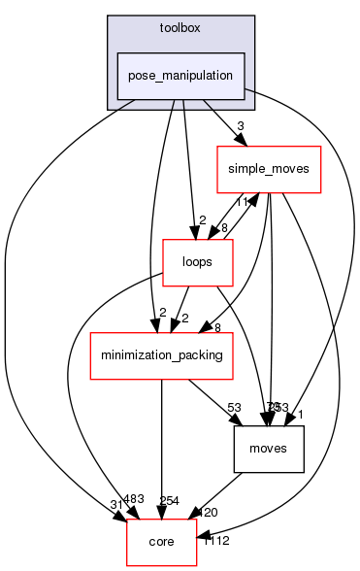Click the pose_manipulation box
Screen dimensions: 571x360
(x=180, y=76)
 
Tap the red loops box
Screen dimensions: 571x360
(x=196, y=262)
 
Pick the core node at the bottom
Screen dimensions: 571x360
(x=161, y=542)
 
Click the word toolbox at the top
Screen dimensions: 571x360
(x=180, y=27)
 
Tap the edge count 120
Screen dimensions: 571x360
(x=208, y=511)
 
